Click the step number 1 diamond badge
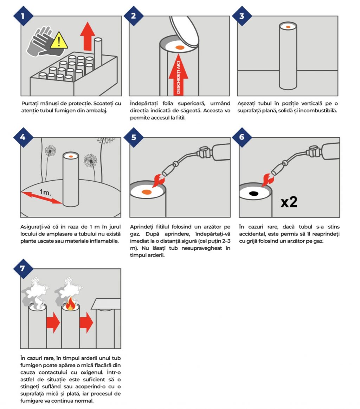point(23,16)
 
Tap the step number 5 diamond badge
point(134,137)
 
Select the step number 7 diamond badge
point(23,268)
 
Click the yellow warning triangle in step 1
point(59,41)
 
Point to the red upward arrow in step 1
point(88,36)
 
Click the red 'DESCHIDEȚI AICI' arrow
point(178,74)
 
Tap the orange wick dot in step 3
point(288,27)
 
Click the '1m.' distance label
point(45,193)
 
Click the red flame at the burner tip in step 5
point(159,181)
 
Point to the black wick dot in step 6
point(254,194)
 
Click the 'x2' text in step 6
point(289,202)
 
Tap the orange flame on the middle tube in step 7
point(70,304)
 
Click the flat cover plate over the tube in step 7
point(106,304)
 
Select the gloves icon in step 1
point(42,41)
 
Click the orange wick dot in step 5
point(147,192)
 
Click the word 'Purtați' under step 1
point(30,104)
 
